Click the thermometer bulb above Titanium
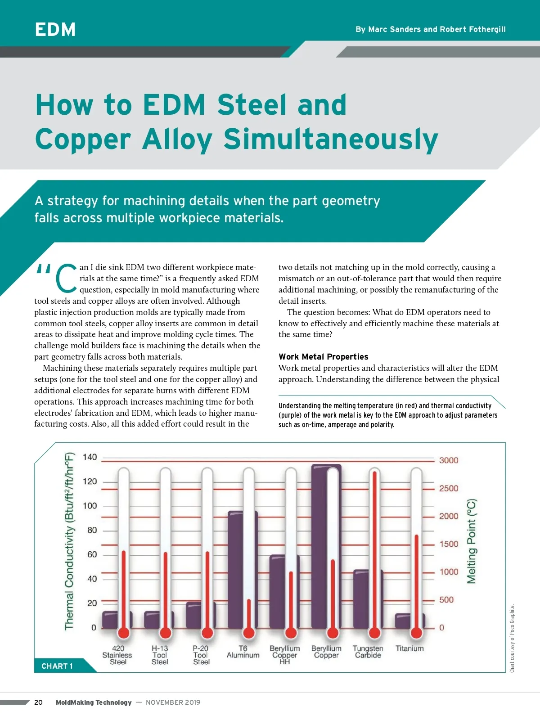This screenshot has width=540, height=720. [417, 633]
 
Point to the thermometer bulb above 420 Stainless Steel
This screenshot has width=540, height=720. [123, 633]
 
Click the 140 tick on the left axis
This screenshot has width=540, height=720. [90, 457]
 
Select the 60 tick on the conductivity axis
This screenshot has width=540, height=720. [92, 554]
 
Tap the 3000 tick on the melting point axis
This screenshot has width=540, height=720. [449, 460]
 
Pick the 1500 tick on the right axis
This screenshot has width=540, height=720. [449, 544]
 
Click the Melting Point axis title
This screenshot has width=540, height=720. [471, 541]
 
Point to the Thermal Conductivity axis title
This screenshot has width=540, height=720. [69, 541]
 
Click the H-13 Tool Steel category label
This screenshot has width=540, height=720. [160, 655]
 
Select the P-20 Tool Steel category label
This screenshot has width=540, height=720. [201, 655]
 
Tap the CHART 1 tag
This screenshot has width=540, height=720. [57, 666]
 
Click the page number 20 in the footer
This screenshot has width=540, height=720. [39, 702]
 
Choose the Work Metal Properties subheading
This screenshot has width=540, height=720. [323, 357]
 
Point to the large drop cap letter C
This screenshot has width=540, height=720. [66, 278]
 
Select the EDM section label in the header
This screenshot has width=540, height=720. [55, 30]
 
